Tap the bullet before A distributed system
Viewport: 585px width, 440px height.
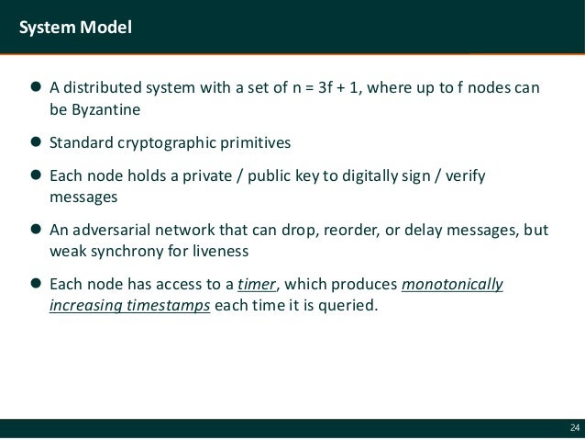(x=37, y=89)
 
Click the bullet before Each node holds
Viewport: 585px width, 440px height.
(x=37, y=175)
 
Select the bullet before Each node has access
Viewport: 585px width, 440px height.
(x=37, y=284)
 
